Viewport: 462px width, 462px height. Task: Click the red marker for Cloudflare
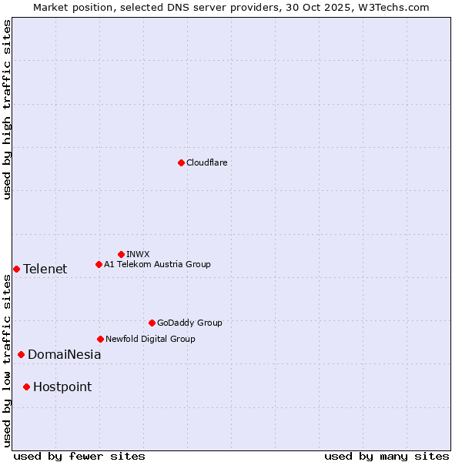(181, 162)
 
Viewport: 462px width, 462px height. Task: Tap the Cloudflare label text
(207, 162)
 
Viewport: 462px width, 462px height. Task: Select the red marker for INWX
(121, 254)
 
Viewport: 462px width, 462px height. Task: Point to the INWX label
(138, 254)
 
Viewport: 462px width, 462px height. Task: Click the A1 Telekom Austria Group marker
(99, 264)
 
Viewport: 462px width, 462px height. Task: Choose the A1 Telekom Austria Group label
(157, 264)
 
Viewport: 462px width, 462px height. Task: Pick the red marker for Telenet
(16, 269)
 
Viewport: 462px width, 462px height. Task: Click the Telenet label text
(45, 269)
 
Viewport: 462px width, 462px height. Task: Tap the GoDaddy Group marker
(152, 323)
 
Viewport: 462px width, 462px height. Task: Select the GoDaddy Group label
(189, 323)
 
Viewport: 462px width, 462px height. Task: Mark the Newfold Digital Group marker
(100, 339)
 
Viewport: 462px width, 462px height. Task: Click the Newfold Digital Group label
(150, 339)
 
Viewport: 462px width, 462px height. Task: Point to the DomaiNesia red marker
(21, 354)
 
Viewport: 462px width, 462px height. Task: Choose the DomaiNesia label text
(64, 355)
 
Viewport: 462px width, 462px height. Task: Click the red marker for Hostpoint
(26, 387)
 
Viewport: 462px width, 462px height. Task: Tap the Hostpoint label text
(62, 387)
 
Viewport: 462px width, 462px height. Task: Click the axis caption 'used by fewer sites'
(79, 456)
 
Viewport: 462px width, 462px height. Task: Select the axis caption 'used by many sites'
(387, 456)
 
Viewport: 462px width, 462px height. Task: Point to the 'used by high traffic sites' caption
(8, 109)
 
